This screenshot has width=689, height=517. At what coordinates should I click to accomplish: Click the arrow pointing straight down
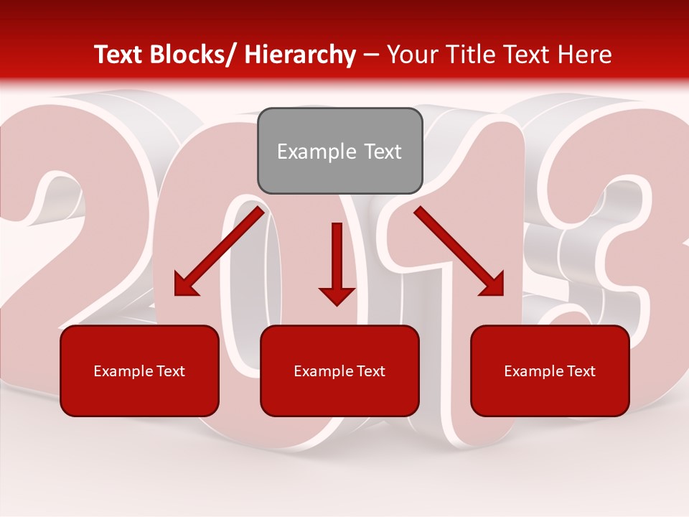(337, 262)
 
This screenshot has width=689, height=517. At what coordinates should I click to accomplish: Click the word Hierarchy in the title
(300, 55)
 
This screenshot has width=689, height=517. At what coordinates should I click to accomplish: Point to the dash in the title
(371, 55)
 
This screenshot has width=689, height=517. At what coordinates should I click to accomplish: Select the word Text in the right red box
(581, 371)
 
